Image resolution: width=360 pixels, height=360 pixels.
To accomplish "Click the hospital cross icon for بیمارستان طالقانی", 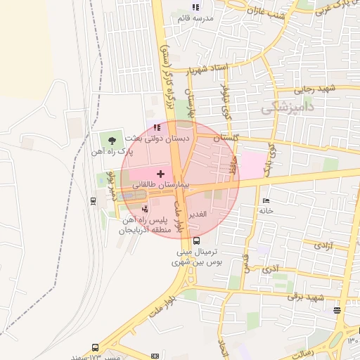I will tap(160, 173).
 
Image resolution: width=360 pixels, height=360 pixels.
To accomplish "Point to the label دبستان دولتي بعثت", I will tap(162, 139).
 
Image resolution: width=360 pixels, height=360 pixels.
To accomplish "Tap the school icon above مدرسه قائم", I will tap(195, 7).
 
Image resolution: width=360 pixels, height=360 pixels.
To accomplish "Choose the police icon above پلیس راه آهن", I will tap(145, 209).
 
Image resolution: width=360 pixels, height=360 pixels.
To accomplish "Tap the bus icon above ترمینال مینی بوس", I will tap(195, 240).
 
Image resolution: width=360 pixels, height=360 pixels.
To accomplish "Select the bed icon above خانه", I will tap(266, 199).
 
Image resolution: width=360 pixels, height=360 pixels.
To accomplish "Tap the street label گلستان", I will tap(226, 138).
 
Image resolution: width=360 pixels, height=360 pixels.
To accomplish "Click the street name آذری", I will tap(269, 269).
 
